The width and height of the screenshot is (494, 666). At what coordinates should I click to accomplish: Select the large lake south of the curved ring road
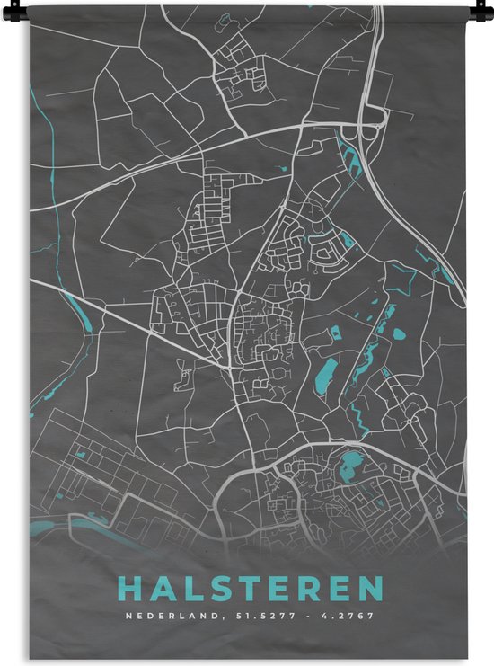click(348, 466)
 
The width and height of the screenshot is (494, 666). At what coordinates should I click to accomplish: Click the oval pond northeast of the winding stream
click(399, 333)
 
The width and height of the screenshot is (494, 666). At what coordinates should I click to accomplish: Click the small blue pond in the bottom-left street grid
click(80, 455)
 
